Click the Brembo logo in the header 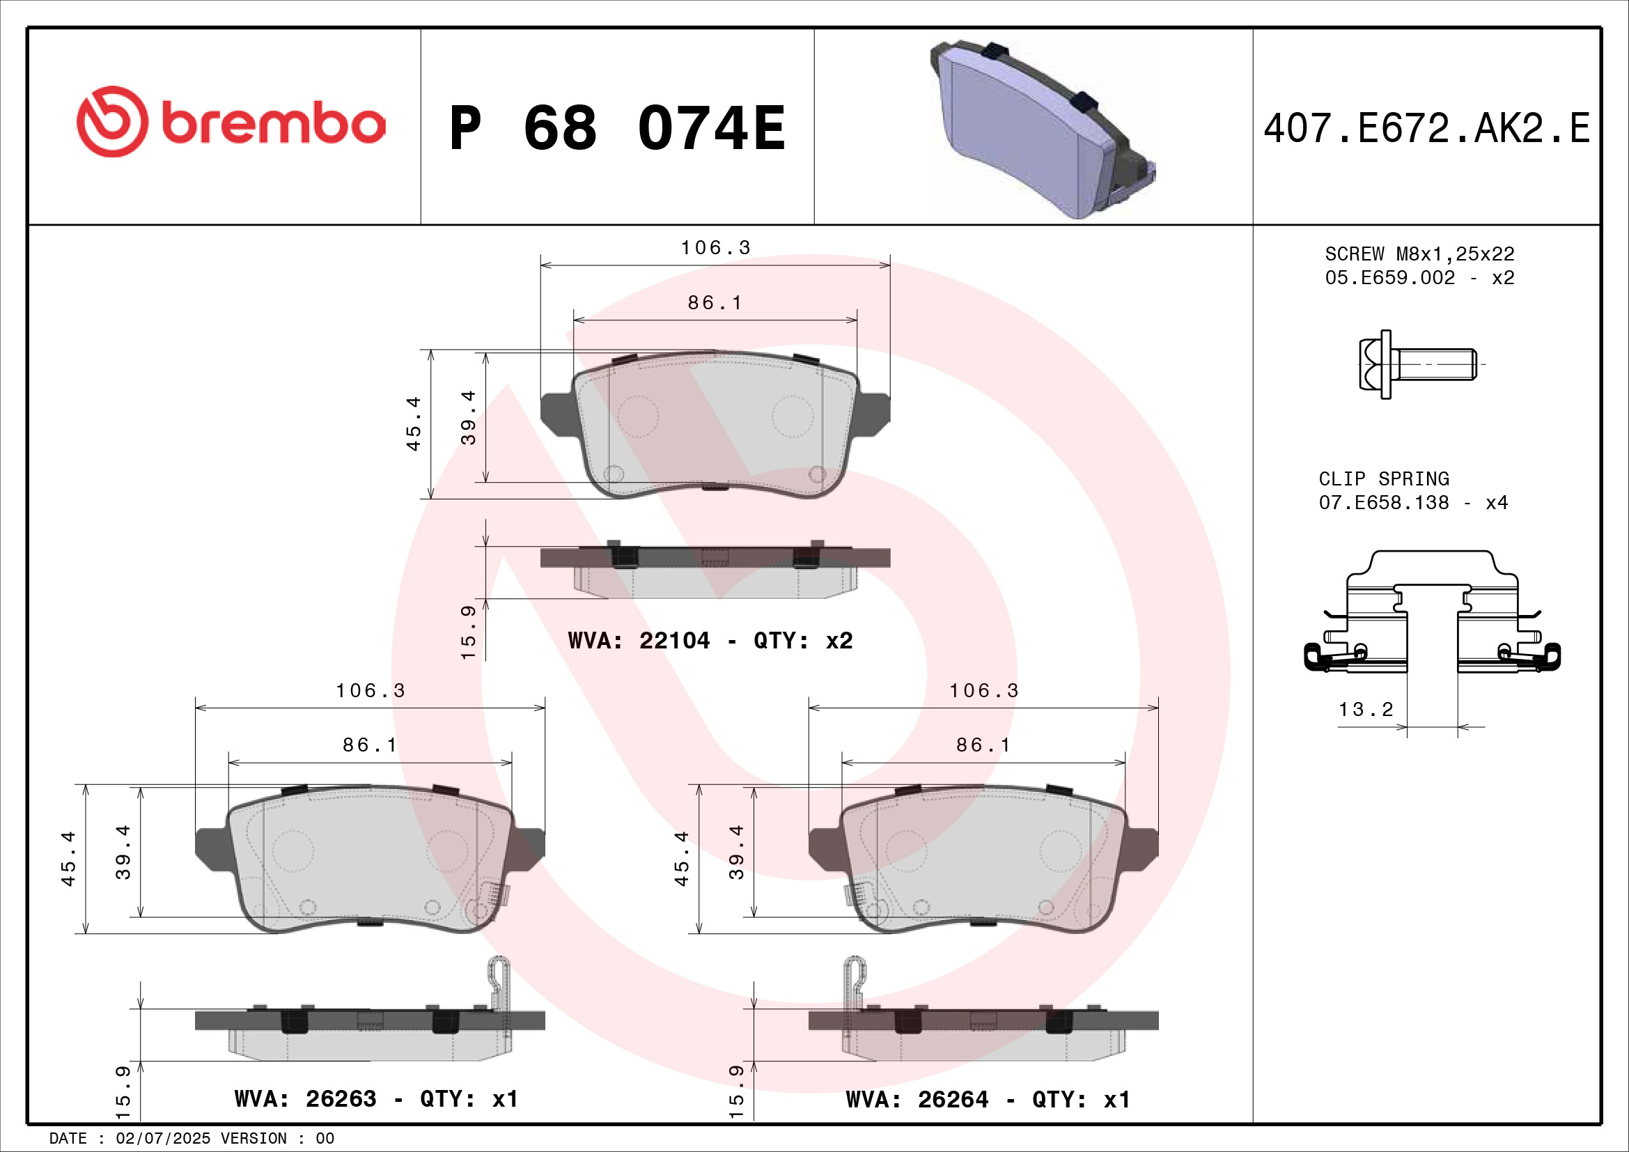pos(231,122)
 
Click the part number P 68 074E pos(617,128)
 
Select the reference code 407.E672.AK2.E pos(1426,128)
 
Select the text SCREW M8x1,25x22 pos(1419,254)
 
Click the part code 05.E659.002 pos(1389,277)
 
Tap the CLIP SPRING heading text pos(1384,478)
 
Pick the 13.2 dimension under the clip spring pos(1366,709)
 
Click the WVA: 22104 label pos(639,641)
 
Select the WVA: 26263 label pos(305,1099)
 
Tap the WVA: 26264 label pos(917,1100)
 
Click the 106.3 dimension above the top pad pos(715,247)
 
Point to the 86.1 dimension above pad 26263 pos(370,745)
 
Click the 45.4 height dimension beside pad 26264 pos(682,858)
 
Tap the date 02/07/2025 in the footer pos(162,1139)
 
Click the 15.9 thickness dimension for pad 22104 pos(468,632)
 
